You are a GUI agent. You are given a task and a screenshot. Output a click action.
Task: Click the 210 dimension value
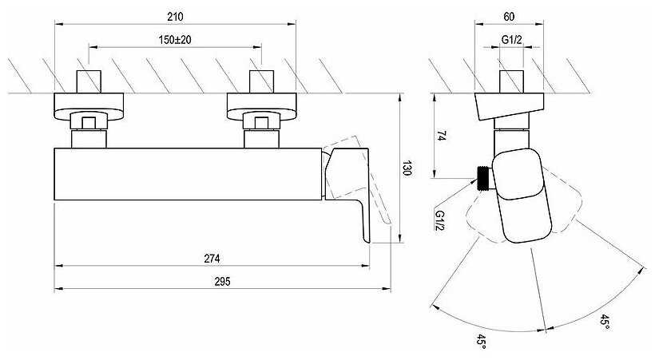175,17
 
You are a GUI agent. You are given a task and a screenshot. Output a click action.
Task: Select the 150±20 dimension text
175,40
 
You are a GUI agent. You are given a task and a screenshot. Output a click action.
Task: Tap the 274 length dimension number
212,259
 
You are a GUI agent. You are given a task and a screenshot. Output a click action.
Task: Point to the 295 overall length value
222,282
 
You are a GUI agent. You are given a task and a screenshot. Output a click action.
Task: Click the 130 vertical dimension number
407,168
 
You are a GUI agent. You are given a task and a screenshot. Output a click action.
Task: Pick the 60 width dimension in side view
509,17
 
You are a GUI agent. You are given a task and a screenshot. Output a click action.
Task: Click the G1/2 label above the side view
512,40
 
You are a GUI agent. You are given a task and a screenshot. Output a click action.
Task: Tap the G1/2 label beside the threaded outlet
440,220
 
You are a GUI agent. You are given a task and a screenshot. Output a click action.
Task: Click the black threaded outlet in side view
484,179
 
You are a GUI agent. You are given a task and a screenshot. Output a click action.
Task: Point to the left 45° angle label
481,341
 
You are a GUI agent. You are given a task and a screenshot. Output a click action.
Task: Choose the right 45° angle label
605,322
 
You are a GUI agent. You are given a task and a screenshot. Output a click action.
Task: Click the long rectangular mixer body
188,174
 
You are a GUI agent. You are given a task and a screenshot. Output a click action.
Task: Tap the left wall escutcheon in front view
89,106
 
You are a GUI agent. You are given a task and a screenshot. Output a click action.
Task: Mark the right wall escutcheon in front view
261,106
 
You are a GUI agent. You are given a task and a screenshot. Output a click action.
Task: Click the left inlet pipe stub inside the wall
89,81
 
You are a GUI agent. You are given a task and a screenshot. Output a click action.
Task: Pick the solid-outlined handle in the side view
522,196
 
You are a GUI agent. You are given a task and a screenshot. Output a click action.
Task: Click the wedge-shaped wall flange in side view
509,106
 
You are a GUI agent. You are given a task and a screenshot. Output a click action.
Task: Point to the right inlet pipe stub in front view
261,81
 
